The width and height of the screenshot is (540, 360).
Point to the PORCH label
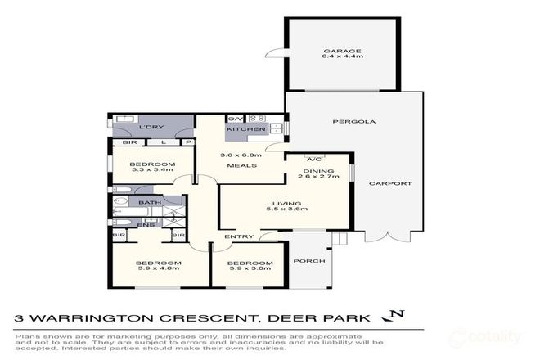[x=309, y=261]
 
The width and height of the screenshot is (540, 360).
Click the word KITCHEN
[x=246, y=129]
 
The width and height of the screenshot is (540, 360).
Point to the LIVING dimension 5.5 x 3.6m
[x=287, y=210]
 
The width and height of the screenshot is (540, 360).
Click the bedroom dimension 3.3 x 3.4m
[x=152, y=169]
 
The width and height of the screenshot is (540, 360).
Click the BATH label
[x=150, y=202]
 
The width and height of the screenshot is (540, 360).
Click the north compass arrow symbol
[x=398, y=315]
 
